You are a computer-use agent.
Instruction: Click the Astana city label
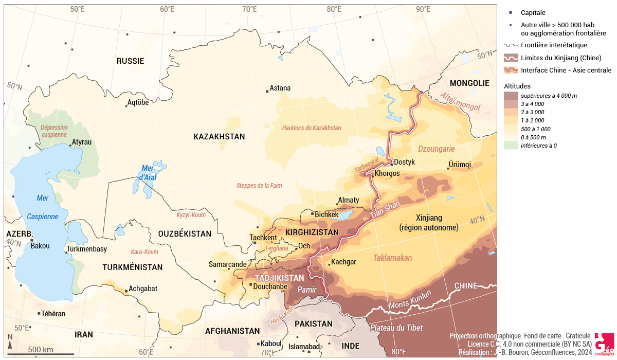280,88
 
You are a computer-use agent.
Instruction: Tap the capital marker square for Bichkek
312,213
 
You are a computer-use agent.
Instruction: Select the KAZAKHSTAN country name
219,137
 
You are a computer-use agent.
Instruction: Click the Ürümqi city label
460,165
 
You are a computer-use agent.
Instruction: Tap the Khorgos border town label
387,173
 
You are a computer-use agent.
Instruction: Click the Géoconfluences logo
604,344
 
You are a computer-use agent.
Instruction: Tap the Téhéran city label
54,313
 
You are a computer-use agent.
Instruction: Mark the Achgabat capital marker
126,291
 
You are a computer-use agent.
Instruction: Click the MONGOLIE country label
469,83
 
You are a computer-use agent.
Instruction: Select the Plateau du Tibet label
395,328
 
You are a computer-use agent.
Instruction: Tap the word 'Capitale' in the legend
533,13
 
